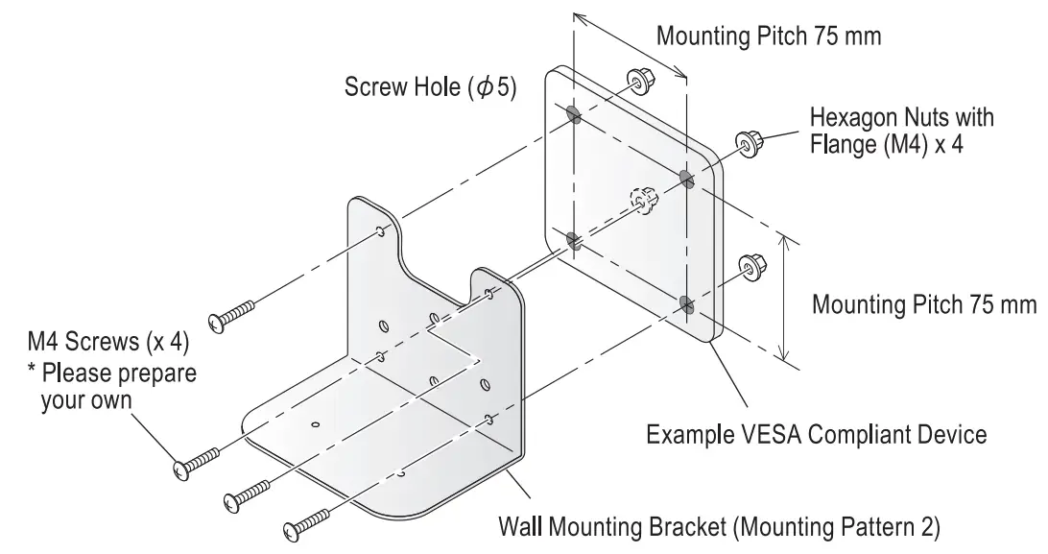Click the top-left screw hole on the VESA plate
(x=574, y=116)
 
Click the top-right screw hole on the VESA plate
(x=686, y=179)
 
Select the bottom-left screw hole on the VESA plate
(x=574, y=240)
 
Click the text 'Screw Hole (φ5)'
(x=430, y=88)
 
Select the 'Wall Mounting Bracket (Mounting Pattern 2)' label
(x=719, y=527)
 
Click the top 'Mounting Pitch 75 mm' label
(x=768, y=36)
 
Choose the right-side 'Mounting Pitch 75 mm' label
(x=924, y=305)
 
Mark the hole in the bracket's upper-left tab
(x=382, y=230)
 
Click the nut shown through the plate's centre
(x=642, y=201)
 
